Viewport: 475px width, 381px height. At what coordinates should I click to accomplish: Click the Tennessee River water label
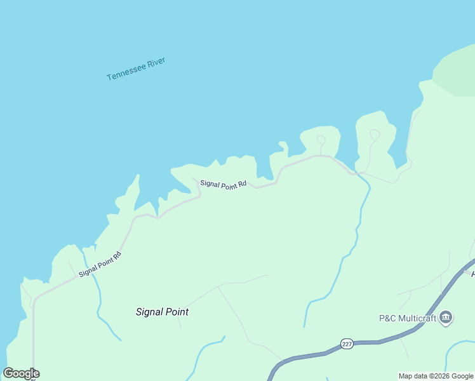click(x=136, y=69)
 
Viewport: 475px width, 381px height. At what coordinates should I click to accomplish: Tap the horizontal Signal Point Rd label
click(x=223, y=184)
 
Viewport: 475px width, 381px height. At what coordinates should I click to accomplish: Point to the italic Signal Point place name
click(x=162, y=312)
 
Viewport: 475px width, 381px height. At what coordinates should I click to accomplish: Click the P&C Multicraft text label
click(x=406, y=317)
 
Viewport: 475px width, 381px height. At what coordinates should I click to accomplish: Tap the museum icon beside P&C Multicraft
click(x=445, y=317)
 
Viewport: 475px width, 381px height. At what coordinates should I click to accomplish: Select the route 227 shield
click(x=346, y=344)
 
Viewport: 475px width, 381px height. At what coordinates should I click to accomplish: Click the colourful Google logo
click(x=21, y=373)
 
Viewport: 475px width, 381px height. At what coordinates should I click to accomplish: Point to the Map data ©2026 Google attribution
click(x=436, y=376)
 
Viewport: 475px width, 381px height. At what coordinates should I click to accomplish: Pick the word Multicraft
click(x=417, y=317)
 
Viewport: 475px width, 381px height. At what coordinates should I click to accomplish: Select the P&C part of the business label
click(x=387, y=317)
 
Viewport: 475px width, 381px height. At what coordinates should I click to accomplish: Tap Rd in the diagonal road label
click(x=117, y=256)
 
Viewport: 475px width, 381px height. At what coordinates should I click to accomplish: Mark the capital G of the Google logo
click(x=8, y=373)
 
